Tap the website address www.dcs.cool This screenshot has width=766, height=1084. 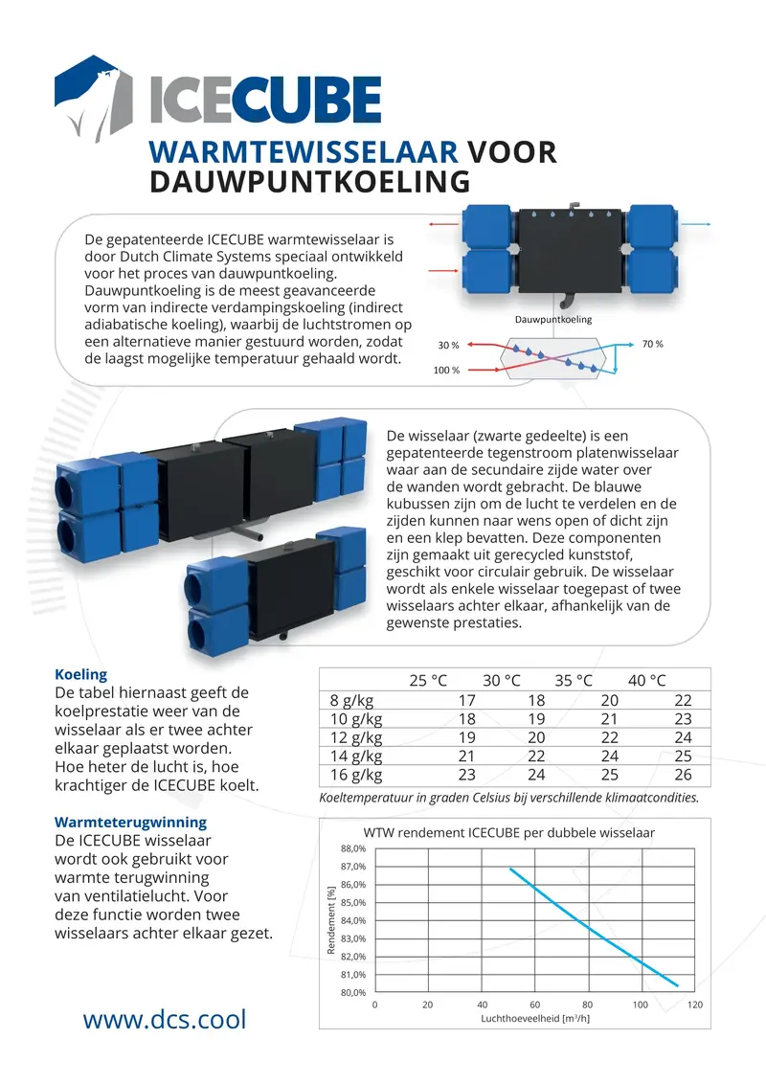tap(164, 1020)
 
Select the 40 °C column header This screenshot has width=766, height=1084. tap(646, 680)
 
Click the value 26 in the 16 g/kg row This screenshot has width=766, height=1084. tap(682, 776)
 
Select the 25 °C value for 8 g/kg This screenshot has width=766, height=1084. tap(466, 701)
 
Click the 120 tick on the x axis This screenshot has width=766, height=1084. tap(695, 1005)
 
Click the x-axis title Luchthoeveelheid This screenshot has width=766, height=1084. tap(534, 1018)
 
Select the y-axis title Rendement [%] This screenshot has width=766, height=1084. tap(331, 920)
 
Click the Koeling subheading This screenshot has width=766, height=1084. tap(81, 674)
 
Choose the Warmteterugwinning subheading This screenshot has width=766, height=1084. tap(130, 822)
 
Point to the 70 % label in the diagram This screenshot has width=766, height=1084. tap(653, 344)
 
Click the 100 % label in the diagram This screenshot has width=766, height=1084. tap(446, 370)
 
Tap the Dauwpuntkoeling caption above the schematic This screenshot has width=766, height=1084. tap(552, 319)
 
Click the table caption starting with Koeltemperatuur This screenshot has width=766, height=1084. tap(507, 797)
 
